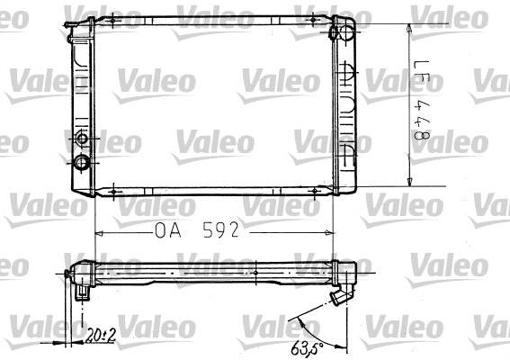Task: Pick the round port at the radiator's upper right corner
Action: click(x=340, y=33)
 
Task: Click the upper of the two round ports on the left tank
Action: click(x=83, y=139)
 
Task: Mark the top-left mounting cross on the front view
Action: click(x=115, y=20)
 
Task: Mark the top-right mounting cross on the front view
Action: click(x=311, y=20)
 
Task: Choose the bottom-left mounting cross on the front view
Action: click(x=115, y=191)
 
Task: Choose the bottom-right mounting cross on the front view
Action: click(x=311, y=191)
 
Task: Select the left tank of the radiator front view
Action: click(x=84, y=103)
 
